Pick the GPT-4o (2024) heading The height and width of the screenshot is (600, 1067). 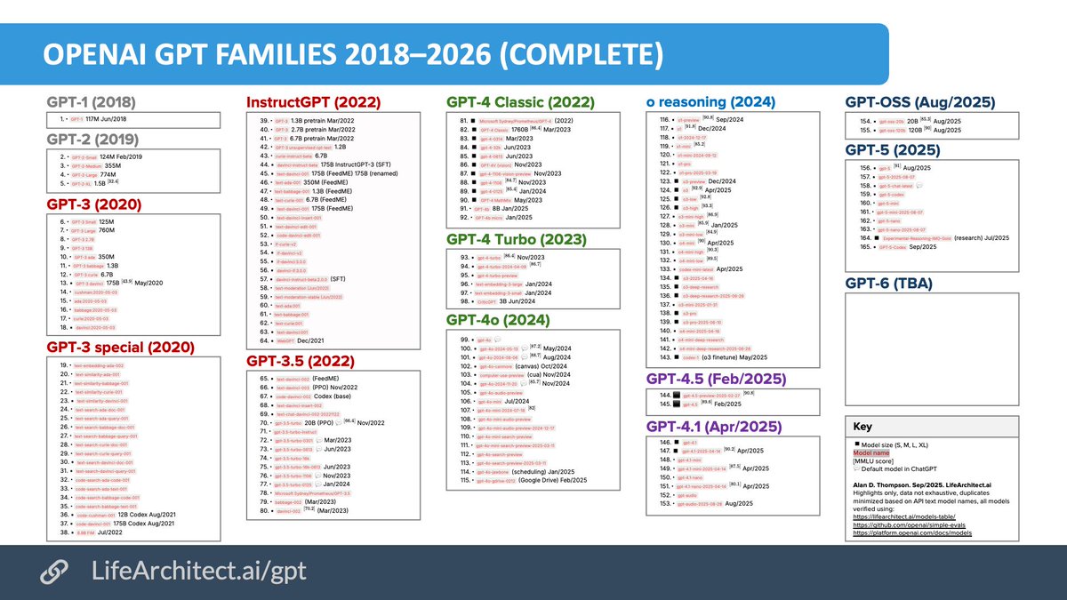[x=498, y=320]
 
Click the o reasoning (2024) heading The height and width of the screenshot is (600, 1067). [x=710, y=102]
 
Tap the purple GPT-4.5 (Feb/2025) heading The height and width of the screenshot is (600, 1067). [x=716, y=380]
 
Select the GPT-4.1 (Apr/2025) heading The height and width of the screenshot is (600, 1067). [x=714, y=428]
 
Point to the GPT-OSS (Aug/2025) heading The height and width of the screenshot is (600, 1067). [x=919, y=102]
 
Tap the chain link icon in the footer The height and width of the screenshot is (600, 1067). [x=57, y=572]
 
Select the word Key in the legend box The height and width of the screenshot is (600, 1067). [x=862, y=427]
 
